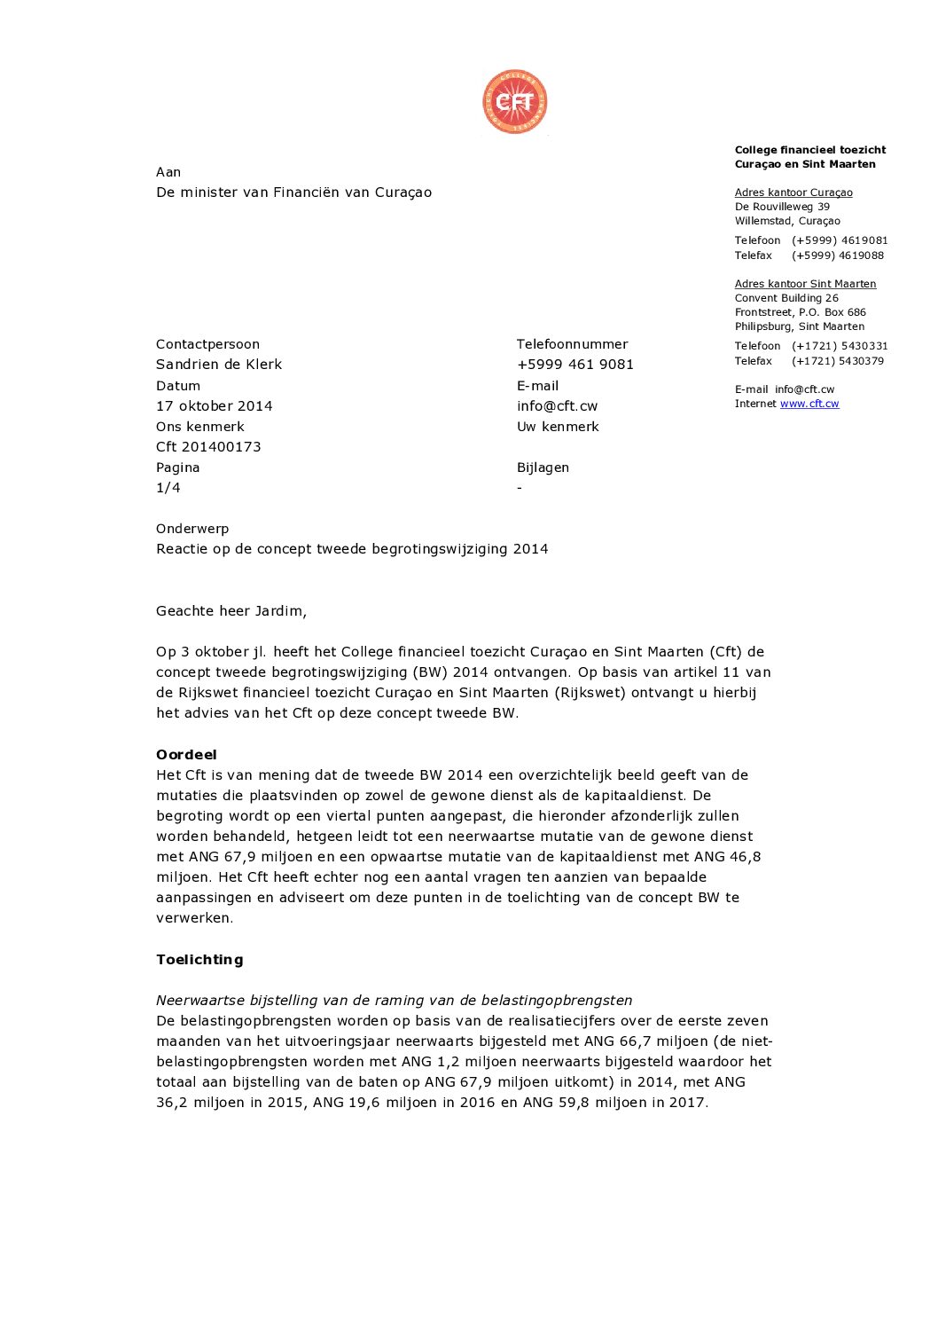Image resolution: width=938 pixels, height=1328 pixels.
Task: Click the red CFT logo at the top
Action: pyautogui.click(x=514, y=102)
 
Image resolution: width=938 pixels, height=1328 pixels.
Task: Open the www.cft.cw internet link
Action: pyautogui.click(x=809, y=404)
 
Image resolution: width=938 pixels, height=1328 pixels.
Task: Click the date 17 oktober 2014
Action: pyautogui.click(x=215, y=406)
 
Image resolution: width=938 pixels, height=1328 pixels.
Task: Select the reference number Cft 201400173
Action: pyautogui.click(x=208, y=447)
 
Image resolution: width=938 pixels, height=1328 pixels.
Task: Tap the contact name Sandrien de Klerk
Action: pyautogui.click(x=219, y=365)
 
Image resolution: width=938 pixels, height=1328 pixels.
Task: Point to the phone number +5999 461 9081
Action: pyautogui.click(x=575, y=365)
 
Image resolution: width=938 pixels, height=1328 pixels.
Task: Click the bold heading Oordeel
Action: pyautogui.click(x=186, y=755)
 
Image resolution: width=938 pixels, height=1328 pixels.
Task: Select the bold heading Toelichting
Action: pyautogui.click(x=199, y=960)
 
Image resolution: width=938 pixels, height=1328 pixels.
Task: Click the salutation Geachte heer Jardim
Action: pyautogui.click(x=231, y=611)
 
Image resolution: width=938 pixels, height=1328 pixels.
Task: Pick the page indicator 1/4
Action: pyautogui.click(x=168, y=488)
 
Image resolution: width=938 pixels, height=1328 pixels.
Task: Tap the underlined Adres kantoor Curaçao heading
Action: pyautogui.click(x=793, y=193)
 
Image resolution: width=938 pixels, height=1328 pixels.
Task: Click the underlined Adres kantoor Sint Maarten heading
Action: pyautogui.click(x=805, y=284)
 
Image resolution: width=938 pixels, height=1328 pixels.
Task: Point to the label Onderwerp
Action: pyautogui.click(x=192, y=529)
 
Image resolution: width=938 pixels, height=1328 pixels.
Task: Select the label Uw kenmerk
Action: pyautogui.click(x=558, y=427)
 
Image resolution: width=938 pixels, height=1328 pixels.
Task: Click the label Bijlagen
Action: pyautogui.click(x=543, y=468)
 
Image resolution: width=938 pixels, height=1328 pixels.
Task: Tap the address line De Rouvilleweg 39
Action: pyautogui.click(x=782, y=207)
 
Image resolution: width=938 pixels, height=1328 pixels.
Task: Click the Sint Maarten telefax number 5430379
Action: pyautogui.click(x=838, y=361)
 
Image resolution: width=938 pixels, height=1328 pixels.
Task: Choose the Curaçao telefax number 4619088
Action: pyautogui.click(x=838, y=255)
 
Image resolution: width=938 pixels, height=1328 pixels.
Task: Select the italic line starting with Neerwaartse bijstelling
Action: pyautogui.click(x=394, y=1001)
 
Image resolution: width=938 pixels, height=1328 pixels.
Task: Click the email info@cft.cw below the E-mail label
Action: pyautogui.click(x=557, y=406)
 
